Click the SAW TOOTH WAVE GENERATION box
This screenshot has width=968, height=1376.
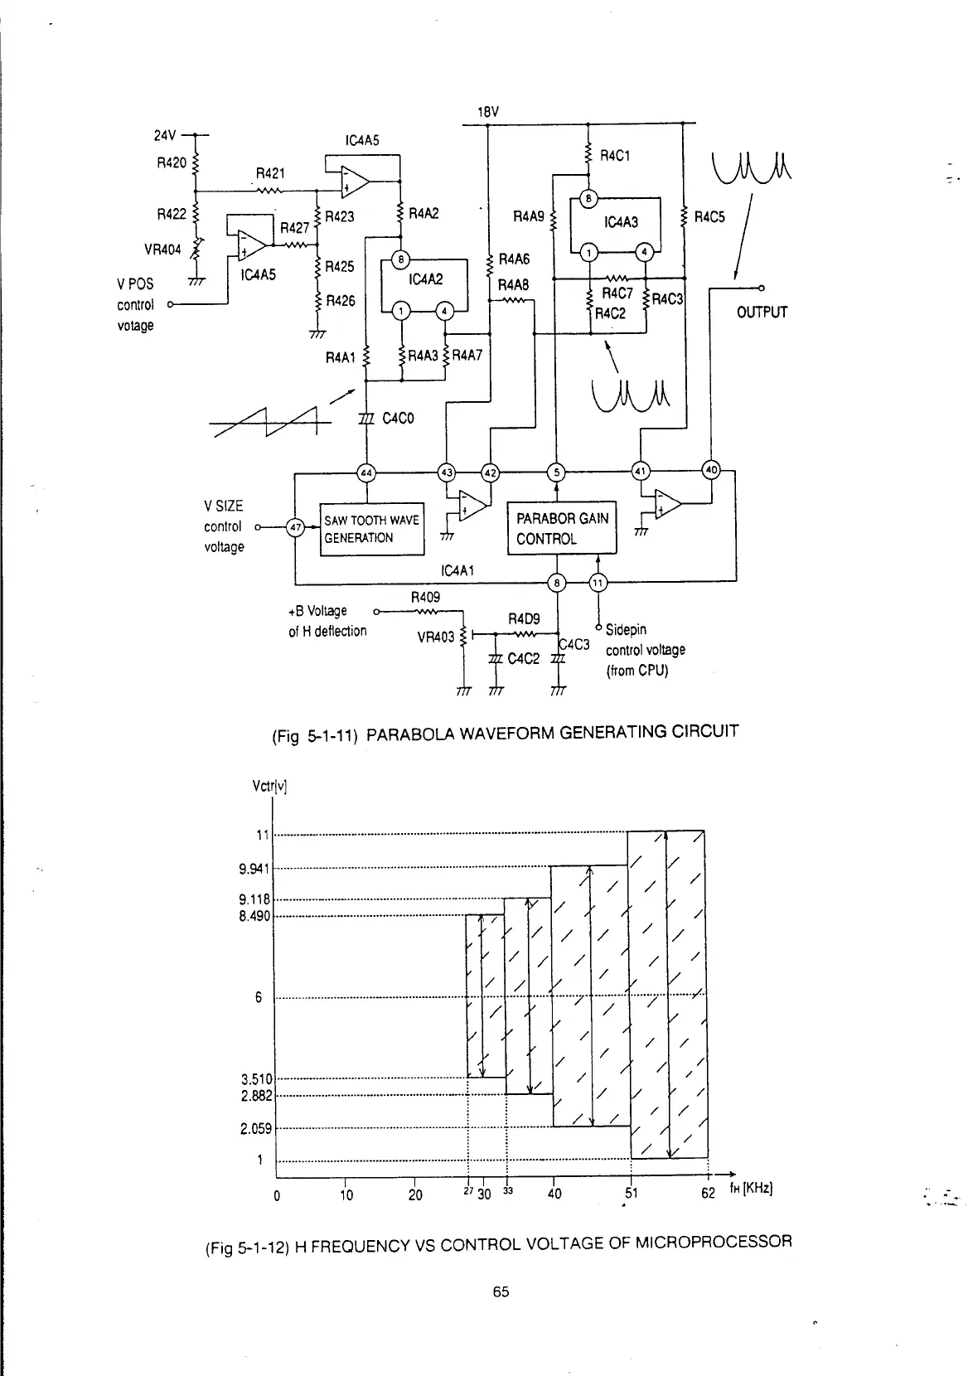point(371,529)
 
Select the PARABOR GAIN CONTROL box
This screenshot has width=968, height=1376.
point(562,529)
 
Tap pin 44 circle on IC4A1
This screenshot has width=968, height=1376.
point(365,472)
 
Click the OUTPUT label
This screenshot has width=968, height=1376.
point(762,312)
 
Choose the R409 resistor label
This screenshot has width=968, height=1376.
point(425,596)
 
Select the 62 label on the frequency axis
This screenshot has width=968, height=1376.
point(708,1194)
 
